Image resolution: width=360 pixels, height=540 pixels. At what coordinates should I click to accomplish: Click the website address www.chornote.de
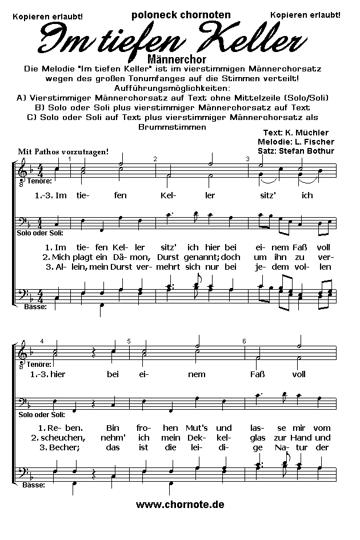click(x=180, y=505)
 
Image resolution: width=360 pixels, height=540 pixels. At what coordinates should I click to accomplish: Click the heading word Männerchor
click(x=176, y=58)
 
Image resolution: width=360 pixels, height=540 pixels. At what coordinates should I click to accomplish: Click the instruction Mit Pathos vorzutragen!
click(x=63, y=151)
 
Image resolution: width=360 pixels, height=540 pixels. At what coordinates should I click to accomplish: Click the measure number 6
click(x=244, y=341)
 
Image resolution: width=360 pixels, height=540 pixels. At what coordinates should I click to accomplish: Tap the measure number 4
click(x=41, y=341)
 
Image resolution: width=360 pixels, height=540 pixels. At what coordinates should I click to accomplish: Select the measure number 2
click(x=155, y=158)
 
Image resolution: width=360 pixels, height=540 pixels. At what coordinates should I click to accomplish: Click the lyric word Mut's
click(x=198, y=428)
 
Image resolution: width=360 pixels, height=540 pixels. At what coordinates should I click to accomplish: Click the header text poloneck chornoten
click(x=181, y=14)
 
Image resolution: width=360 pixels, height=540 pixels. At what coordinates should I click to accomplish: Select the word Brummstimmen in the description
click(x=172, y=127)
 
